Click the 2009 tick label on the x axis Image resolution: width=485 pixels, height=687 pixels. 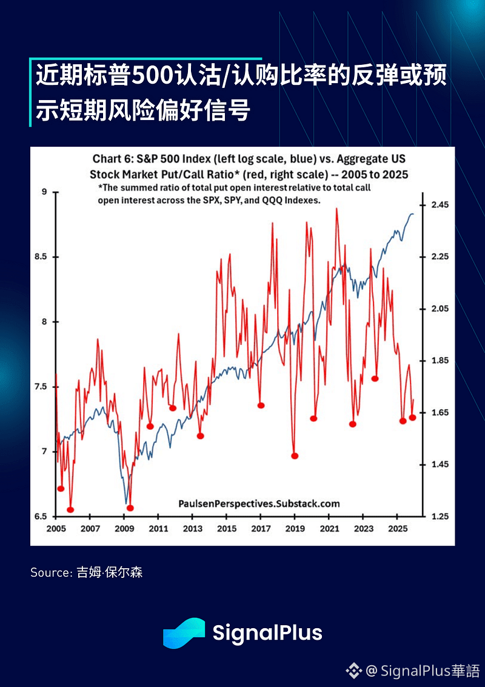pos(124,529)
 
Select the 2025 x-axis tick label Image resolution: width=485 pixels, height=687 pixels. pos(396,529)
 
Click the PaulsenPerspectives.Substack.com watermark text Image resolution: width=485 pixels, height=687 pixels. pos(259,504)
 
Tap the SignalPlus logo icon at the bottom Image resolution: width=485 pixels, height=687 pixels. pos(184,633)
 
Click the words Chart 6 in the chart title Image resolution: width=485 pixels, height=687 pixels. pos(112,159)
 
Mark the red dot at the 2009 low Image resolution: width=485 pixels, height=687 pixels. pos(130,508)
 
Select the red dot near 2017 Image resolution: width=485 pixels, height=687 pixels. pos(261,405)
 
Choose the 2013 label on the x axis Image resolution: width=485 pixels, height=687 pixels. pos(192,529)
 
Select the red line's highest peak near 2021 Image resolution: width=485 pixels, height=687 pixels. pos(336,209)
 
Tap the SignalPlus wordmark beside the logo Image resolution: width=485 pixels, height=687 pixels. pos(267,633)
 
